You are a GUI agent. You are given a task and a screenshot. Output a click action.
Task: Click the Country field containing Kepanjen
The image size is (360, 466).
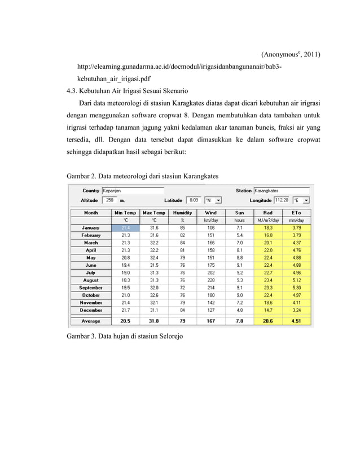click(x=132, y=191)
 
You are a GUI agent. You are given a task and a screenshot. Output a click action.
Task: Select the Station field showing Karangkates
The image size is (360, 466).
click(x=280, y=191)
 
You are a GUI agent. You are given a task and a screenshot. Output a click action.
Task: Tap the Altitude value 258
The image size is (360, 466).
click(x=110, y=200)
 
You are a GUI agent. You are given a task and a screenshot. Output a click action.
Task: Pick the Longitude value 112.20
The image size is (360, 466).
click(x=282, y=200)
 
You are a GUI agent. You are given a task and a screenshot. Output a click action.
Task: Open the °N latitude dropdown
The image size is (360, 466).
click(x=213, y=200)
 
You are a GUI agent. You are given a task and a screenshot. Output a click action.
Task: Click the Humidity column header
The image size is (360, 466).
click(x=182, y=213)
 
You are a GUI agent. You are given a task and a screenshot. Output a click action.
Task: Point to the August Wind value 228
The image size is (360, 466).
click(x=211, y=280)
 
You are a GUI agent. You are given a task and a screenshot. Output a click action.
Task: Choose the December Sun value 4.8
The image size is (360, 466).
click(x=240, y=310)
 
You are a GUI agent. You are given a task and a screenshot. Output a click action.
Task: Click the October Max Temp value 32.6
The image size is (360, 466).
click(x=153, y=294)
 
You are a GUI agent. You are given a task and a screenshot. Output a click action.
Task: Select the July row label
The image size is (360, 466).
click(x=91, y=272)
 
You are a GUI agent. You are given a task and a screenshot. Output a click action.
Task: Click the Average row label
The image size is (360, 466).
click(x=91, y=321)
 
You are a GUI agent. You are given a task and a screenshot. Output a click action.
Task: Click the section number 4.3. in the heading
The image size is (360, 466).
click(x=73, y=90)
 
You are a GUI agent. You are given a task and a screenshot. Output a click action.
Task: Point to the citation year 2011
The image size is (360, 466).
click(x=311, y=55)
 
